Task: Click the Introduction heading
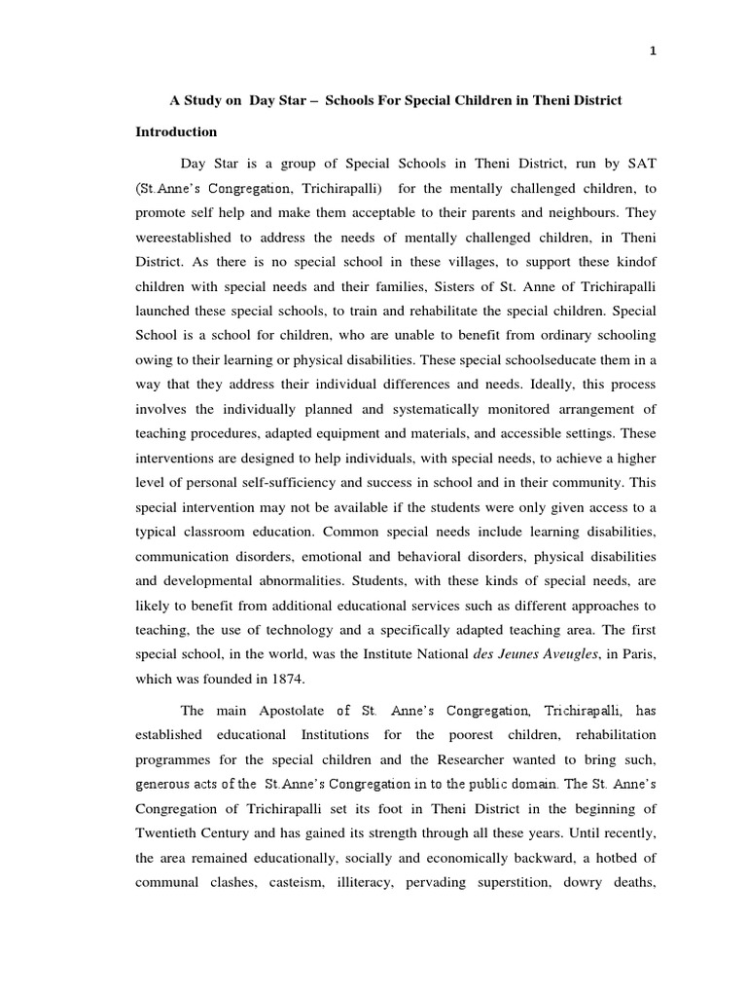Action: point(176,131)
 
